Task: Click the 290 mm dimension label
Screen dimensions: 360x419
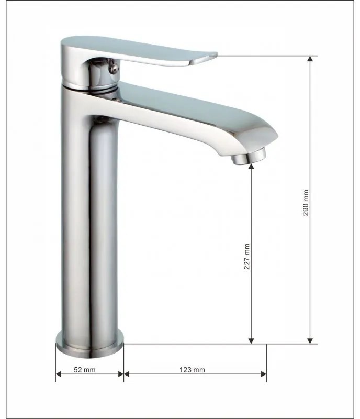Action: [x=306, y=203]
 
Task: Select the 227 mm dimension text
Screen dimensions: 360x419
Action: [x=247, y=256]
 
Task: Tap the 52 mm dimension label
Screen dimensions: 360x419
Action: [x=84, y=370]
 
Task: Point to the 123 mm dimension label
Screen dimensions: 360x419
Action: [x=192, y=370]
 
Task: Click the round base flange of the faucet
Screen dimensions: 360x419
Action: [x=89, y=345]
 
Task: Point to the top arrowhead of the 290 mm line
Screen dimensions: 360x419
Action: [x=310, y=59]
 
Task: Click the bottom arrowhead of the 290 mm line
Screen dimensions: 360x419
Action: [x=310, y=341]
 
